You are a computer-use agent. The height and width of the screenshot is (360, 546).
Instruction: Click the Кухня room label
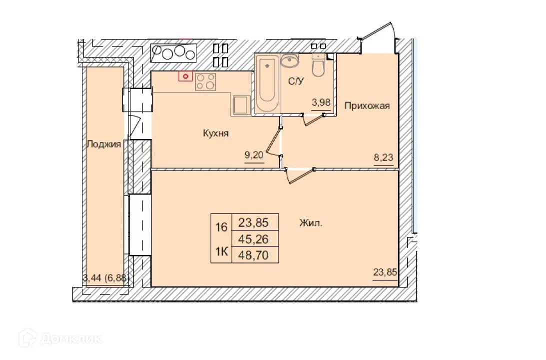pos(216,133)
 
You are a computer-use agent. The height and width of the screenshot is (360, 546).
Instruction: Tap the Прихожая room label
pos(367,106)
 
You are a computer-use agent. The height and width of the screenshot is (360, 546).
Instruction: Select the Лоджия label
pos(103,144)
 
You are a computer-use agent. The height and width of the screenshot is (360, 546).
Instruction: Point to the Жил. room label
pos(311,223)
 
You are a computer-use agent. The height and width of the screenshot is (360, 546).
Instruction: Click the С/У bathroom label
pos(296,81)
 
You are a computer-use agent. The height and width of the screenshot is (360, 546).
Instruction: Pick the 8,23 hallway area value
pos(384,157)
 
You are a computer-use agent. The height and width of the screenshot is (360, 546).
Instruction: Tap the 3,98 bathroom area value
pos(321,103)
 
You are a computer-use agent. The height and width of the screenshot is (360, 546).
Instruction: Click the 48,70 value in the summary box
pos(254,255)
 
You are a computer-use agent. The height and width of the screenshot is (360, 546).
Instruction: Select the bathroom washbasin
pos(289,61)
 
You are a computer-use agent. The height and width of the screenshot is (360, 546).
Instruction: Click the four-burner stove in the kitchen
pos(205,81)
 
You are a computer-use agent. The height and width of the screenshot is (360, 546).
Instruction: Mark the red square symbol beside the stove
pos(186,76)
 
